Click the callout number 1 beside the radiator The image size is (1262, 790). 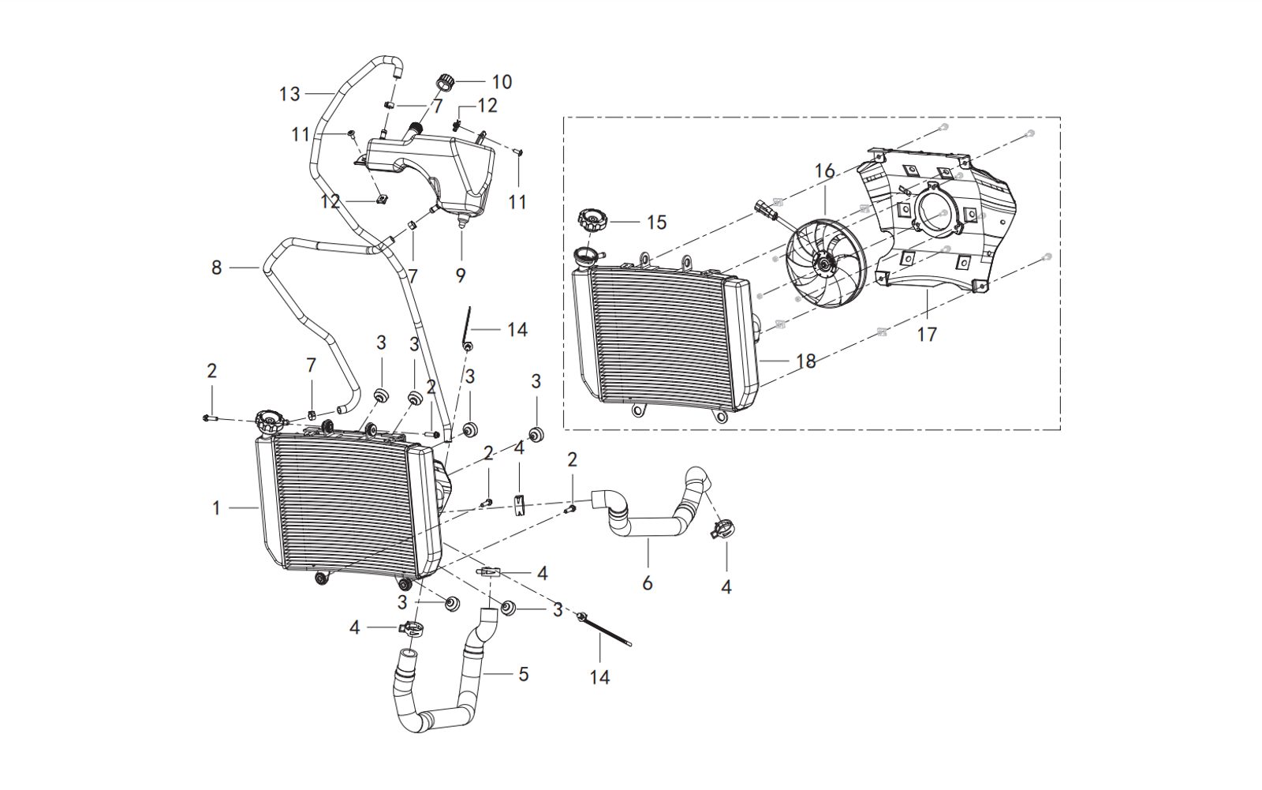point(217,509)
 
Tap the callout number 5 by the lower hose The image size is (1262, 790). point(523,675)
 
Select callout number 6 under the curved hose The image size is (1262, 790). point(648,583)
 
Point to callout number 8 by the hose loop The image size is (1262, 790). point(217,268)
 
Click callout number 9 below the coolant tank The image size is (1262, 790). point(461,275)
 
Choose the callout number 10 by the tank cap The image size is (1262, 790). point(502,81)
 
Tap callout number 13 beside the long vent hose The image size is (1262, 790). point(289,94)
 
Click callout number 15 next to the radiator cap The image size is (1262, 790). point(656,223)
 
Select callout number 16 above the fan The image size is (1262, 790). point(824,171)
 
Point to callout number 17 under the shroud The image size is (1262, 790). point(927,334)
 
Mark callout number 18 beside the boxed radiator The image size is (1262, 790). point(805,361)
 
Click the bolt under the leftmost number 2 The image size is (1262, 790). point(209,418)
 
